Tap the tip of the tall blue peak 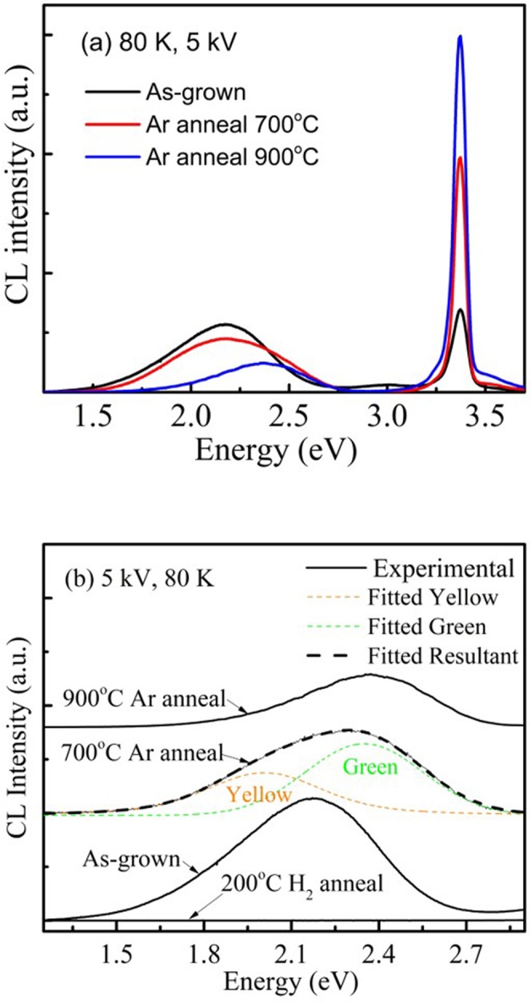click(x=460, y=36)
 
